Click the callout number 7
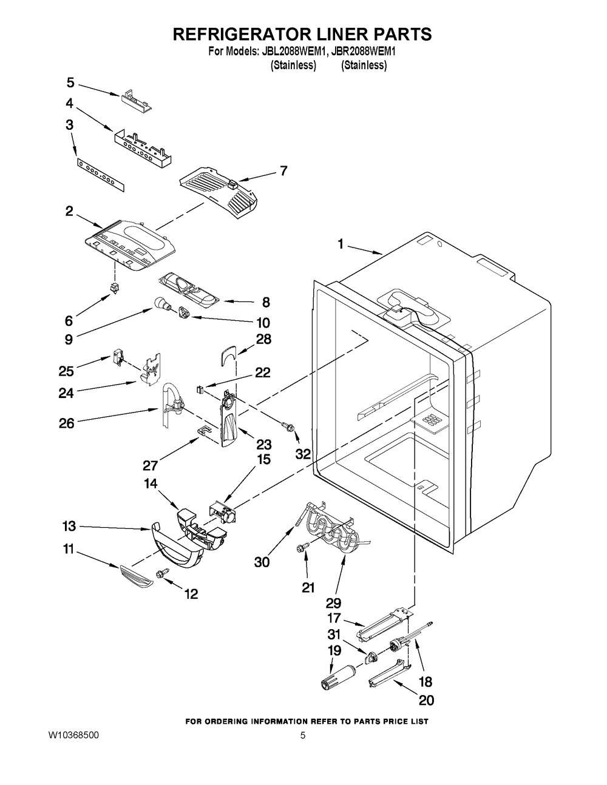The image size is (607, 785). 284,170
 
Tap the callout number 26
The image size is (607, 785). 67,423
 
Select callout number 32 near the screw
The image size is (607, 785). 303,454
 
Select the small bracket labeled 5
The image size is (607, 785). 136,99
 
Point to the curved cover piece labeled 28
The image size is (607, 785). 228,355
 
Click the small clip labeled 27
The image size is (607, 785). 205,431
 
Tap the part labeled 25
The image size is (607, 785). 117,357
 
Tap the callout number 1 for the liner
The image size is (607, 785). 341,244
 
